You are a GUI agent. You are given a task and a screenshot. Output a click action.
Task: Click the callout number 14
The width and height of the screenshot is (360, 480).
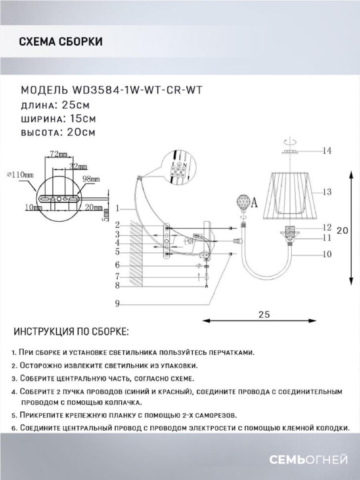point(327,151)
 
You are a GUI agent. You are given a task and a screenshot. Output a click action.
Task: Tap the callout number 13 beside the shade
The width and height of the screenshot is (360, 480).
point(327,192)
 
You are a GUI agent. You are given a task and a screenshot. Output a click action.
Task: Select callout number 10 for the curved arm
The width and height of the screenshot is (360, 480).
point(327,254)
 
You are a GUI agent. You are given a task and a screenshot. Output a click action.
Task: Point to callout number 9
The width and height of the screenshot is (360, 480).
point(117,304)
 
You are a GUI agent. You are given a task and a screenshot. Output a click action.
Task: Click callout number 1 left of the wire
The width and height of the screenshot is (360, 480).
point(117,208)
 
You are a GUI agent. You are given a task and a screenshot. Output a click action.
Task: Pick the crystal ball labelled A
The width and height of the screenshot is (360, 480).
point(242,203)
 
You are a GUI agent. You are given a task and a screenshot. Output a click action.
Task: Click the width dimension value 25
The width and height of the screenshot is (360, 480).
point(264,314)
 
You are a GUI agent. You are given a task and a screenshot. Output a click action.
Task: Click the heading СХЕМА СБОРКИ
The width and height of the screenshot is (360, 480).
point(60,42)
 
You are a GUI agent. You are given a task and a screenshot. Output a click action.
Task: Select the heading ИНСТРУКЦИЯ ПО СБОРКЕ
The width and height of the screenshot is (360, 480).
point(71,332)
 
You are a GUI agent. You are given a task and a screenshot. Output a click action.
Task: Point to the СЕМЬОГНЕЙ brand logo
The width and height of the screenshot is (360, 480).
point(308,460)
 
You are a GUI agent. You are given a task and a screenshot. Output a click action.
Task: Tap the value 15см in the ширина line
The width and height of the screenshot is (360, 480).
point(80,119)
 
